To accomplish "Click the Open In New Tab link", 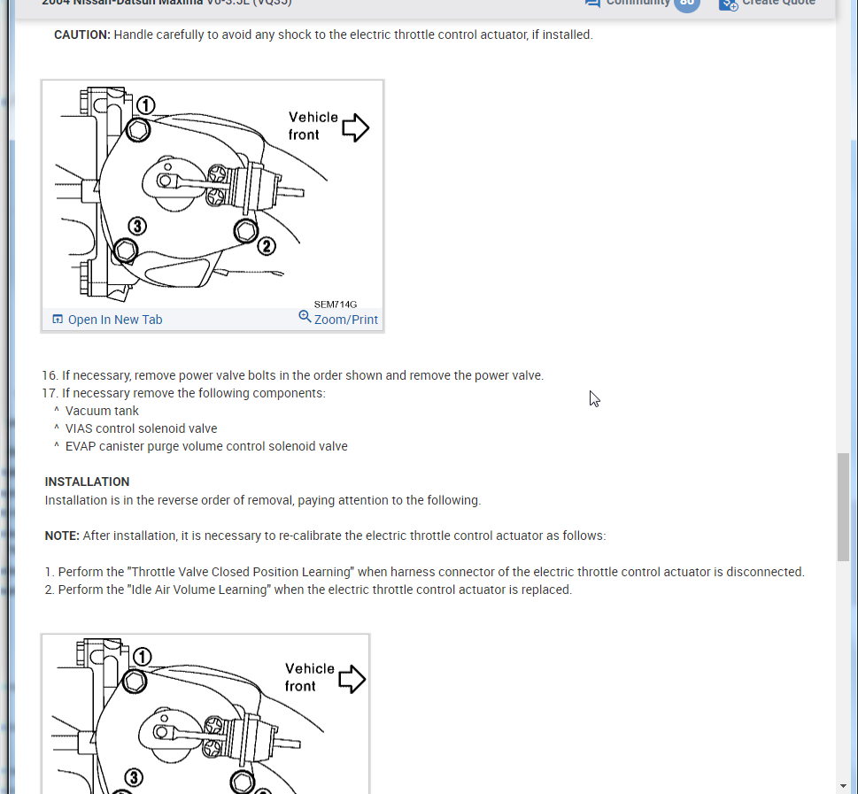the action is (x=107, y=320).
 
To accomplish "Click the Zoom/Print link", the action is (x=338, y=319).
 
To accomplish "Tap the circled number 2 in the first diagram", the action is (x=267, y=246).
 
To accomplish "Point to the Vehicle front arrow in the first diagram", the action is (x=355, y=127).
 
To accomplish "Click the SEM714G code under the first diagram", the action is (x=335, y=304).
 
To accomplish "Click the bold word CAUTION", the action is (x=81, y=35).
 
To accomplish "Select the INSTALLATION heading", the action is (x=87, y=482).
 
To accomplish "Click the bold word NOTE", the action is (x=62, y=536).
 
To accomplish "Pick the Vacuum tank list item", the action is (x=102, y=411).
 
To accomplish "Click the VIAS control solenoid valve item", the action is (x=141, y=428).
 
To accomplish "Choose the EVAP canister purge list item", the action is (x=206, y=446).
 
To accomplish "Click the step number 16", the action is (x=49, y=375).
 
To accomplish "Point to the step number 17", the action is (x=49, y=393).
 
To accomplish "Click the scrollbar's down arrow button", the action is (x=843, y=784).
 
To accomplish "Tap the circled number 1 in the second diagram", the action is (x=142, y=657).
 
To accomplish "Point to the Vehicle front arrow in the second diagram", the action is (x=352, y=679).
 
